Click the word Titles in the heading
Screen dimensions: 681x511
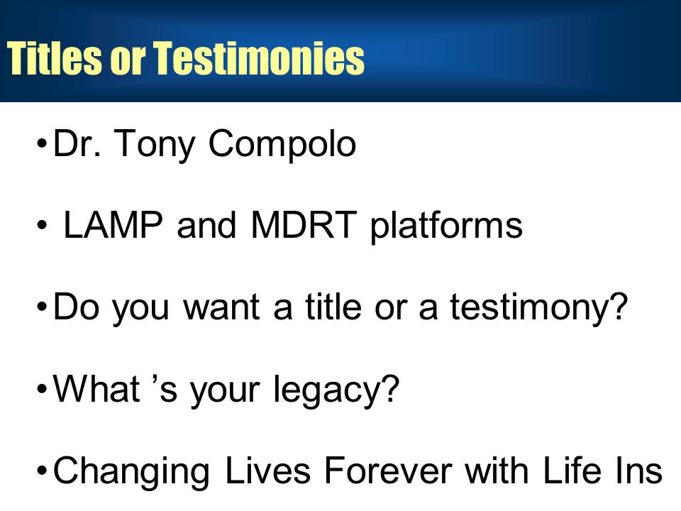click(55, 57)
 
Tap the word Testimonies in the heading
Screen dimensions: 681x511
click(260, 57)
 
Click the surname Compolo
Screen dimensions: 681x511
click(282, 145)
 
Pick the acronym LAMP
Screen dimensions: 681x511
click(113, 225)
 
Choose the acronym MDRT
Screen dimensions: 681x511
click(304, 225)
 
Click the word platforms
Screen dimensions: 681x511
click(446, 226)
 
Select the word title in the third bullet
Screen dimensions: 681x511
click(333, 307)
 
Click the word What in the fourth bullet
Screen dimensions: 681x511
click(96, 388)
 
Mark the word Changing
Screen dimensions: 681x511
click(131, 471)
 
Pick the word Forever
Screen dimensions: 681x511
click(388, 470)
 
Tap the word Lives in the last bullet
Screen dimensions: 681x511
click(268, 470)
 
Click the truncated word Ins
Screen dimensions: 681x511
click(638, 470)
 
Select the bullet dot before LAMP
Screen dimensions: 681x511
click(42, 225)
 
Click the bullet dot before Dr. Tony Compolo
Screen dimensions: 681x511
click(42, 143)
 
